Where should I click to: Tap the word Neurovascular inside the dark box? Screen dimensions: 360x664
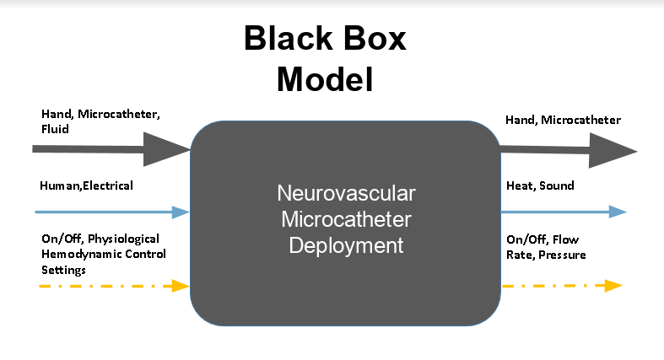[x=346, y=195]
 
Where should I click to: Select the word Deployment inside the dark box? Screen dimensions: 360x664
[x=346, y=245]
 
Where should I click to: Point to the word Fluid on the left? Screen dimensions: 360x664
[x=55, y=131]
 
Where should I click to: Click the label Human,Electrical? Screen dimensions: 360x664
[x=86, y=185]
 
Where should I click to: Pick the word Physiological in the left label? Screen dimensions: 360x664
[x=123, y=239]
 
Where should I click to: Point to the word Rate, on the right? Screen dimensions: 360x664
[x=521, y=254]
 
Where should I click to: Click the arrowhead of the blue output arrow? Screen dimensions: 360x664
[x=618, y=212]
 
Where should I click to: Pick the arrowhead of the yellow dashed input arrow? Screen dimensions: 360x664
[x=180, y=286]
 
